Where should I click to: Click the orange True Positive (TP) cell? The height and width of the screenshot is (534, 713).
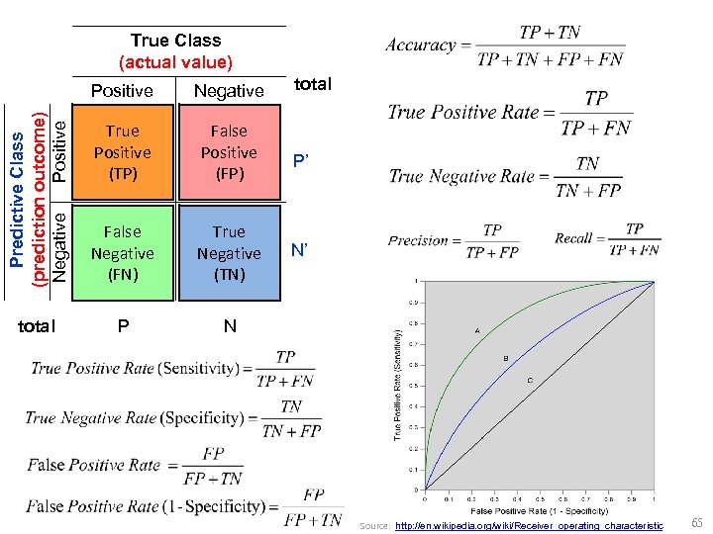pos(122,152)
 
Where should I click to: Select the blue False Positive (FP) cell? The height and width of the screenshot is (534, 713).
pos(229,152)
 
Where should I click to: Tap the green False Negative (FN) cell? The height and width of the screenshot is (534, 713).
pos(122,252)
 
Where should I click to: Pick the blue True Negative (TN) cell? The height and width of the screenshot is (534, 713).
pos(229,252)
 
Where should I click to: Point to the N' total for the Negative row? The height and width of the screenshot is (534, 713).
pos(299,252)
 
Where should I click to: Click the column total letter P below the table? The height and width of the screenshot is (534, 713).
pos(122,325)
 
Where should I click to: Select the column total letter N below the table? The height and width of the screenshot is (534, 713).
pos(230,325)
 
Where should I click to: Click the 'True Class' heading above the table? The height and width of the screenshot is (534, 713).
pos(175,41)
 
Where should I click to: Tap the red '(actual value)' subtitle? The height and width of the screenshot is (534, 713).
pos(175,62)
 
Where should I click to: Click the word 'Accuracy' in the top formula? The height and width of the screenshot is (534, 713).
pos(420,45)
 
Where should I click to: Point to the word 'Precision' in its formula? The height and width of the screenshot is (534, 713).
pos(418,240)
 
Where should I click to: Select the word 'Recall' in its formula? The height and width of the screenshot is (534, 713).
pos(573,238)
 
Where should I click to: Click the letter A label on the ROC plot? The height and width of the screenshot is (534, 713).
pos(477,328)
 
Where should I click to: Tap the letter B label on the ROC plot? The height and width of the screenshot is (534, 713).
pos(506,357)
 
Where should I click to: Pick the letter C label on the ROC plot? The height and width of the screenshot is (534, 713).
pos(530,380)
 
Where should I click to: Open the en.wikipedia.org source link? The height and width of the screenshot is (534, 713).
pos(529,525)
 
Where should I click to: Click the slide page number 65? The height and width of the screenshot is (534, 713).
pos(697,522)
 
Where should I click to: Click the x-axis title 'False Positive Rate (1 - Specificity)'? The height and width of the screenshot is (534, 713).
pos(539,510)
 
